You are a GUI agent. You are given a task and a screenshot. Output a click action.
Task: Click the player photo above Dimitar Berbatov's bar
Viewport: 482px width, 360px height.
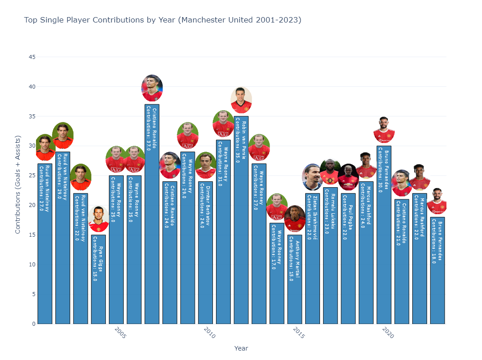tap(206, 165)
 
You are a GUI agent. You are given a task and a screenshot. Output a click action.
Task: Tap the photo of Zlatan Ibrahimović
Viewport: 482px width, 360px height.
tap(312, 177)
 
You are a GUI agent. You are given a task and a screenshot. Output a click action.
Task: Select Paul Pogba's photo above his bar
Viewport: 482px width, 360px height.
tap(348, 177)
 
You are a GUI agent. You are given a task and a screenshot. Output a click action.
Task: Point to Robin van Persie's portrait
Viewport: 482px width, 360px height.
tap(241, 100)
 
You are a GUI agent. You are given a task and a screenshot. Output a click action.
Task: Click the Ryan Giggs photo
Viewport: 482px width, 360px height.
tap(99, 219)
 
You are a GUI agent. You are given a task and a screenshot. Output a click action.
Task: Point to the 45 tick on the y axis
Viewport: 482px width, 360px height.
tap(32, 57)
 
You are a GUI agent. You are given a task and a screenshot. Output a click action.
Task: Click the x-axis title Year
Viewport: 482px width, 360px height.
tap(241, 348)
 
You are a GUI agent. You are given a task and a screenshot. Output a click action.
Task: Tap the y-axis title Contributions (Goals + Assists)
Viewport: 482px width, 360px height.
tap(18, 190)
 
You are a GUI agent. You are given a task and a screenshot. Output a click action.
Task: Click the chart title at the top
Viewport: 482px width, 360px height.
tap(162, 20)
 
